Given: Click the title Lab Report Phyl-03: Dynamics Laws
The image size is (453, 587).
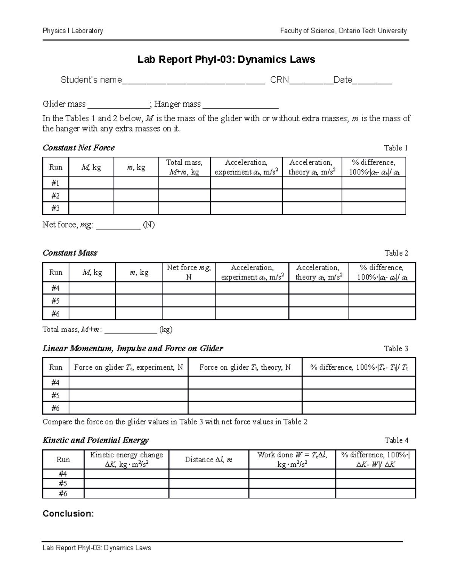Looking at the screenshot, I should [226, 59].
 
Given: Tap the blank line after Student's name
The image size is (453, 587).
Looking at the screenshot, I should [193, 81].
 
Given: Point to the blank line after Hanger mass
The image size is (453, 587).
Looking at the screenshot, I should [240, 105].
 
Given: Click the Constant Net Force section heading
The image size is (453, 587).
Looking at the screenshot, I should [79, 148].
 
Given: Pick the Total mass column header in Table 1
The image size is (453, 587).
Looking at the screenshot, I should [184, 167].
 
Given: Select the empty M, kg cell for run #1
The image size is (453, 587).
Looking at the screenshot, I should [91, 183].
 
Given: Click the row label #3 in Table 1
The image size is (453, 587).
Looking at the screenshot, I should [55, 208].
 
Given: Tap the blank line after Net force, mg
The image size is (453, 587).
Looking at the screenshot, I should [118, 226].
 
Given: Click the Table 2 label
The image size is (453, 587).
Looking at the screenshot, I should [396, 253].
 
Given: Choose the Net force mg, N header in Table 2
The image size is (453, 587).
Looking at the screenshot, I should [189, 272].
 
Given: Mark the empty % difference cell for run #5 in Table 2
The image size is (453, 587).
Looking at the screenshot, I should [382, 301].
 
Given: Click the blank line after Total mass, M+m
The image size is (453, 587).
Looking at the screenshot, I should [130, 330].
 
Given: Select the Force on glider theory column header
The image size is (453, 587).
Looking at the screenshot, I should [245, 367].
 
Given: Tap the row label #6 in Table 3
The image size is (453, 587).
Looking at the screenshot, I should [55, 408].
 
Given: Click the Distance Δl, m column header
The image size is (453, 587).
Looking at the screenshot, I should [209, 460].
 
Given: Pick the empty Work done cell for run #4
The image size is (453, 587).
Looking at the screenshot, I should [292, 474].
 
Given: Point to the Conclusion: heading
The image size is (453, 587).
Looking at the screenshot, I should [68, 514].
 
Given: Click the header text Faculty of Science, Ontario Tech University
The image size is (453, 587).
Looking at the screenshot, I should [343, 31].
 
